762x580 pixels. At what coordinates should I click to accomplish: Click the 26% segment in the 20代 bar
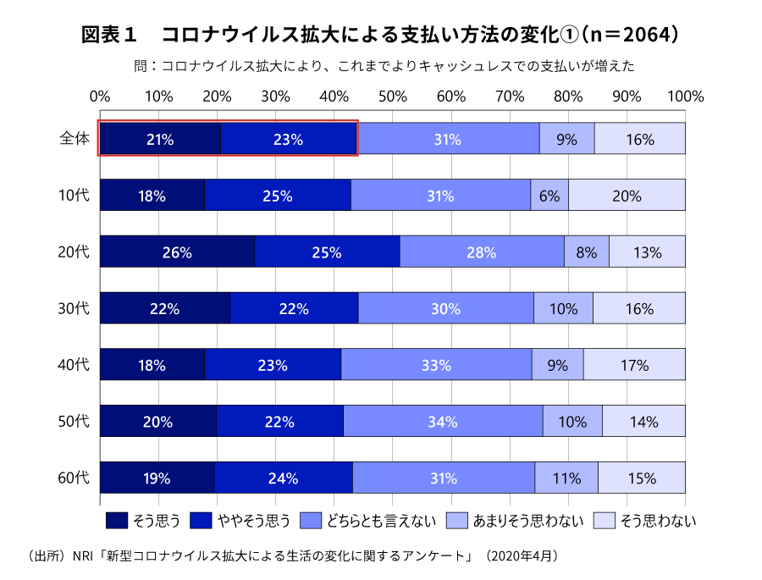178,251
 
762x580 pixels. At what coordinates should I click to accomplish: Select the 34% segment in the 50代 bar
443,421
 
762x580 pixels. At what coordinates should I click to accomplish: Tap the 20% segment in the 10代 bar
627,196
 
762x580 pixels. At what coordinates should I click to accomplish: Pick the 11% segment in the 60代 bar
566,478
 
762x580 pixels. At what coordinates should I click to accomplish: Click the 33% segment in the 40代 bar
436,365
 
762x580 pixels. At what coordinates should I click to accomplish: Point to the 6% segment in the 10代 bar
549,196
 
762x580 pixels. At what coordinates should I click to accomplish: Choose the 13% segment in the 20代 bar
647,251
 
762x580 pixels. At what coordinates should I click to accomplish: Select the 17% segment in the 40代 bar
634,365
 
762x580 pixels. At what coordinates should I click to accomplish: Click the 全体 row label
74,138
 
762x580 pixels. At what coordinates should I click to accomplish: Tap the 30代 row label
74,308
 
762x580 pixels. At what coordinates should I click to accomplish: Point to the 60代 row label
74,478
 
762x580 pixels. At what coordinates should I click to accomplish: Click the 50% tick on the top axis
393,96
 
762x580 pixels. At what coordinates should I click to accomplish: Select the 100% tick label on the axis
685,96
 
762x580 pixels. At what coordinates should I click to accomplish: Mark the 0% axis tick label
100,96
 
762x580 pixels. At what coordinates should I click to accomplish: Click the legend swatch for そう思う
116,520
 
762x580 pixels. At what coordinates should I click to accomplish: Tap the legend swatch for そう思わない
604,520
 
